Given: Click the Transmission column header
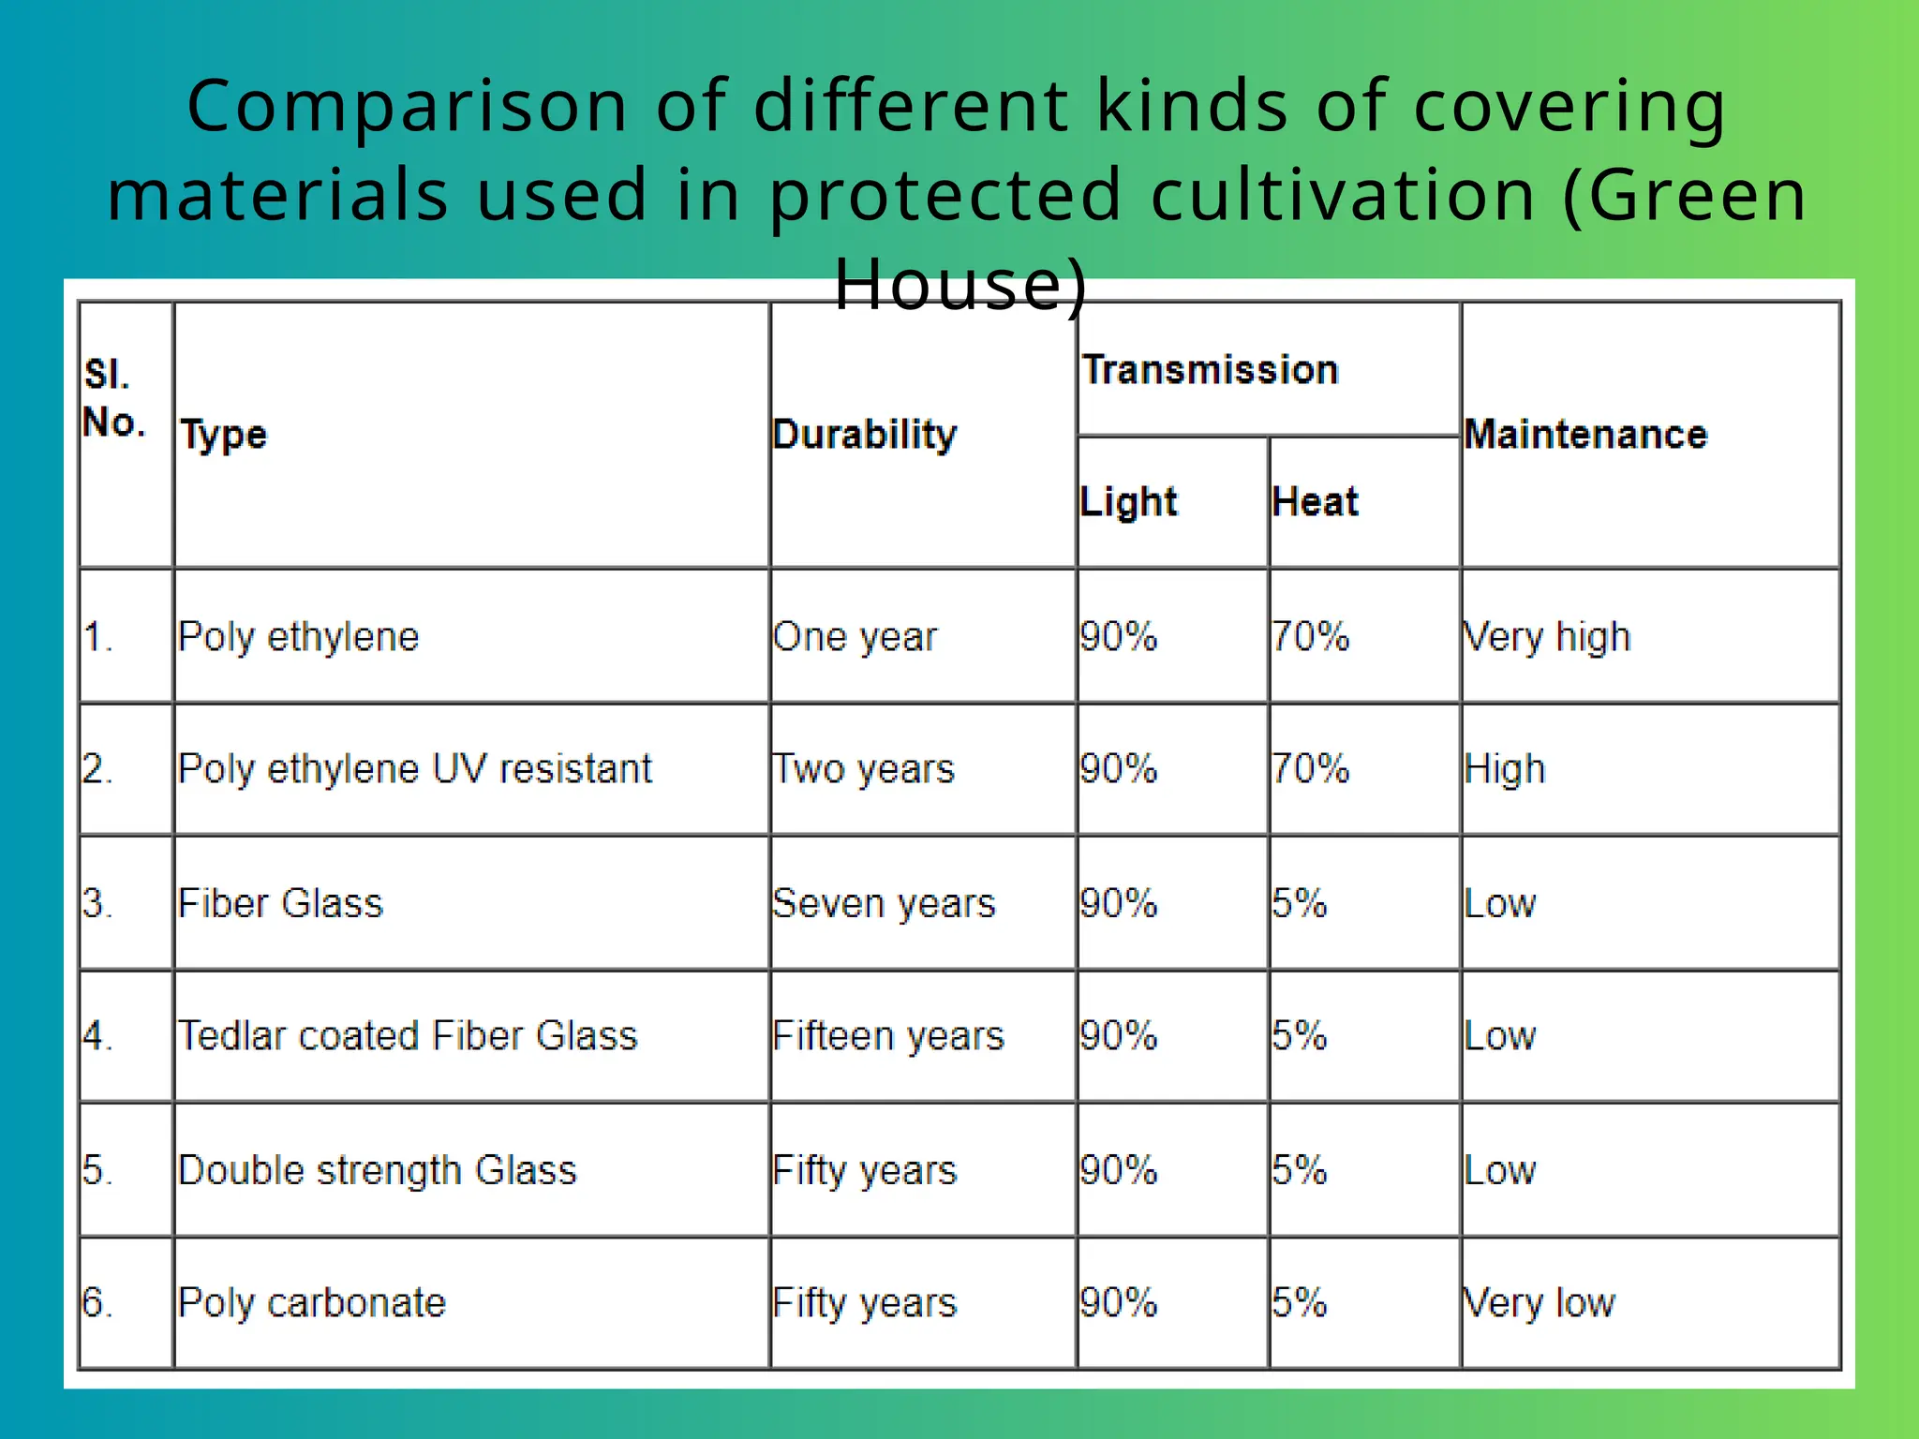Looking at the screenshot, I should (1210, 370).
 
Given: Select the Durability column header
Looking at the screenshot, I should (864, 435).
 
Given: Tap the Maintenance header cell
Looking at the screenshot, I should (1585, 435).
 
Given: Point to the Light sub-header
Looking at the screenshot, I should (1128, 502).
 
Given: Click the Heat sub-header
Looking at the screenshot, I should (1315, 502).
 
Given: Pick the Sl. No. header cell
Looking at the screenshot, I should (114, 399).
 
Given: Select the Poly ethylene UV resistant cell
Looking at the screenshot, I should (414, 769).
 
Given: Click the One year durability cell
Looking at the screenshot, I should (855, 637).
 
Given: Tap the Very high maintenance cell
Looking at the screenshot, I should (1547, 637).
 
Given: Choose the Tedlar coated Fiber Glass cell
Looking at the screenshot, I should (408, 1036).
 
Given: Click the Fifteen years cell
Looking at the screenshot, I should (887, 1036).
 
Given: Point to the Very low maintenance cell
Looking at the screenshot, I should (1540, 1303).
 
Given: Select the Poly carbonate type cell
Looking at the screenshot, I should (312, 1303).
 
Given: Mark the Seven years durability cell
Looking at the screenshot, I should (884, 904).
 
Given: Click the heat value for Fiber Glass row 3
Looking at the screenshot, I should (1300, 904).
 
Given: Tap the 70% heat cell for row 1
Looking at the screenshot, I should (1310, 637).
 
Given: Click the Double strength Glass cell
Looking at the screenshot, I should (377, 1171).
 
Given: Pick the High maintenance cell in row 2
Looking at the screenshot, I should (1505, 769).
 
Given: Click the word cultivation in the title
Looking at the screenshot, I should (1342, 195).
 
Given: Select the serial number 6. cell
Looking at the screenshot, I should (97, 1303).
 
